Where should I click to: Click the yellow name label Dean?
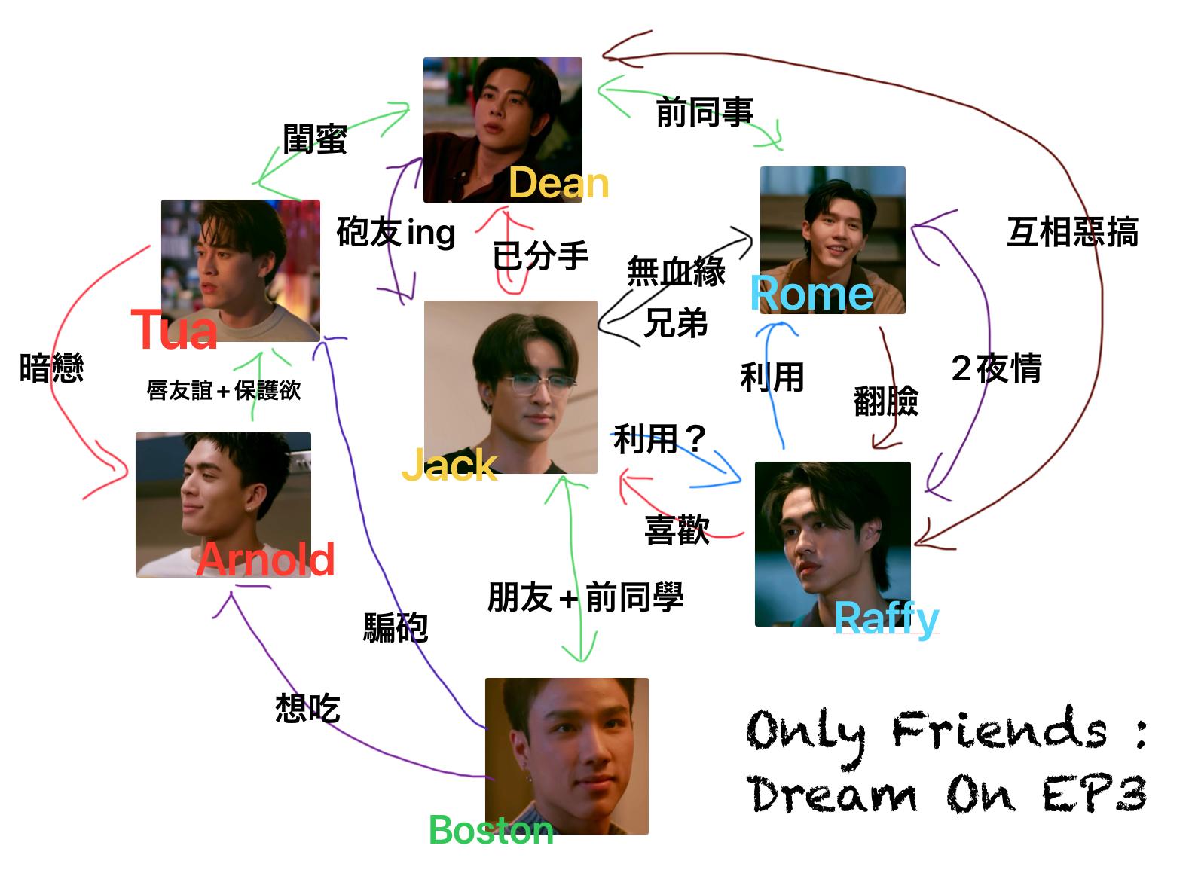(x=558, y=183)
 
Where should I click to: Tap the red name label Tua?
(x=174, y=330)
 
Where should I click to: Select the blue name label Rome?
(x=811, y=293)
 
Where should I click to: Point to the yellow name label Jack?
(x=449, y=465)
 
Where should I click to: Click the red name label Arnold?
(x=265, y=559)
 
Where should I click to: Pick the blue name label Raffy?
(x=886, y=618)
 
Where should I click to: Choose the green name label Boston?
(x=491, y=830)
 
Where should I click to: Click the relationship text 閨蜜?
(x=315, y=139)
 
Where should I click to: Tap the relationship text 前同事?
(x=705, y=112)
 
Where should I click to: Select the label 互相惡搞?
(x=1072, y=232)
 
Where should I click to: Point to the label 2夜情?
(x=996, y=368)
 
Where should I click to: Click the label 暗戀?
(x=51, y=368)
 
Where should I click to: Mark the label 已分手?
(x=540, y=256)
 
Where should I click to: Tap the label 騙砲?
(x=396, y=627)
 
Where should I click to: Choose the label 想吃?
(x=307, y=707)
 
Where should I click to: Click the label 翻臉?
(x=886, y=401)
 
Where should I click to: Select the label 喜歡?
(x=677, y=530)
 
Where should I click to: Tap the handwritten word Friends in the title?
(x=999, y=730)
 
